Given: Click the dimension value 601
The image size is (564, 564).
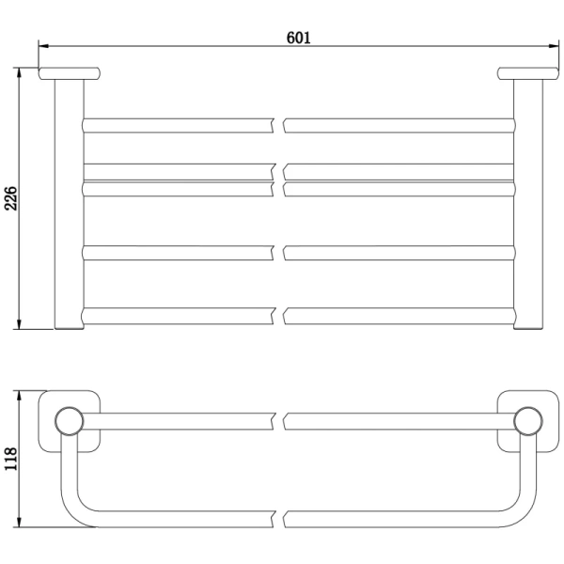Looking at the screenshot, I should pos(298,38).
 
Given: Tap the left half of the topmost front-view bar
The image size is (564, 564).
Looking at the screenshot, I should pos(179,124).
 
